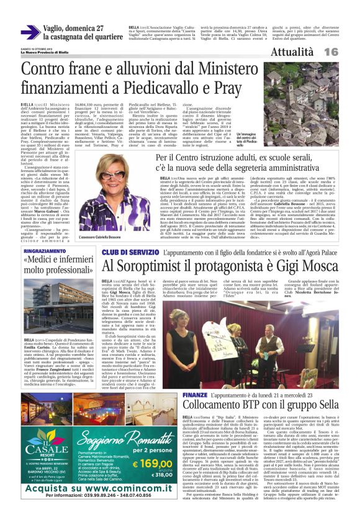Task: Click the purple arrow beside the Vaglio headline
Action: tap(29, 32)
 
